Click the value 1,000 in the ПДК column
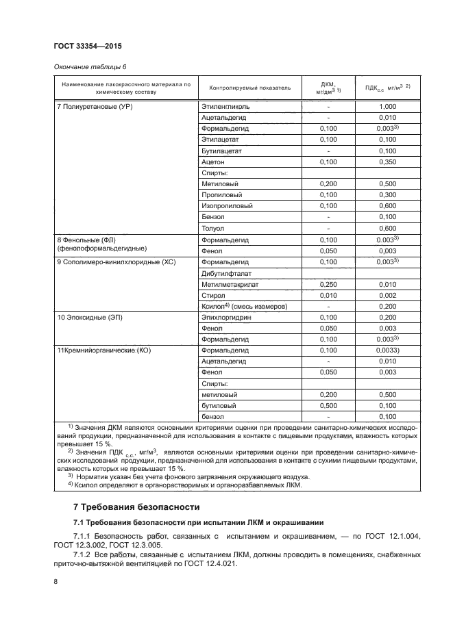pos(387,107)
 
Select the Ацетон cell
pos(213,162)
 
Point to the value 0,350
pos(387,162)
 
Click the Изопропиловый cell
pos(227,206)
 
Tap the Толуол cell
pos(213,228)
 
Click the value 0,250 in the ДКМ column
pos(328,284)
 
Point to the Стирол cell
pos(213,295)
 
